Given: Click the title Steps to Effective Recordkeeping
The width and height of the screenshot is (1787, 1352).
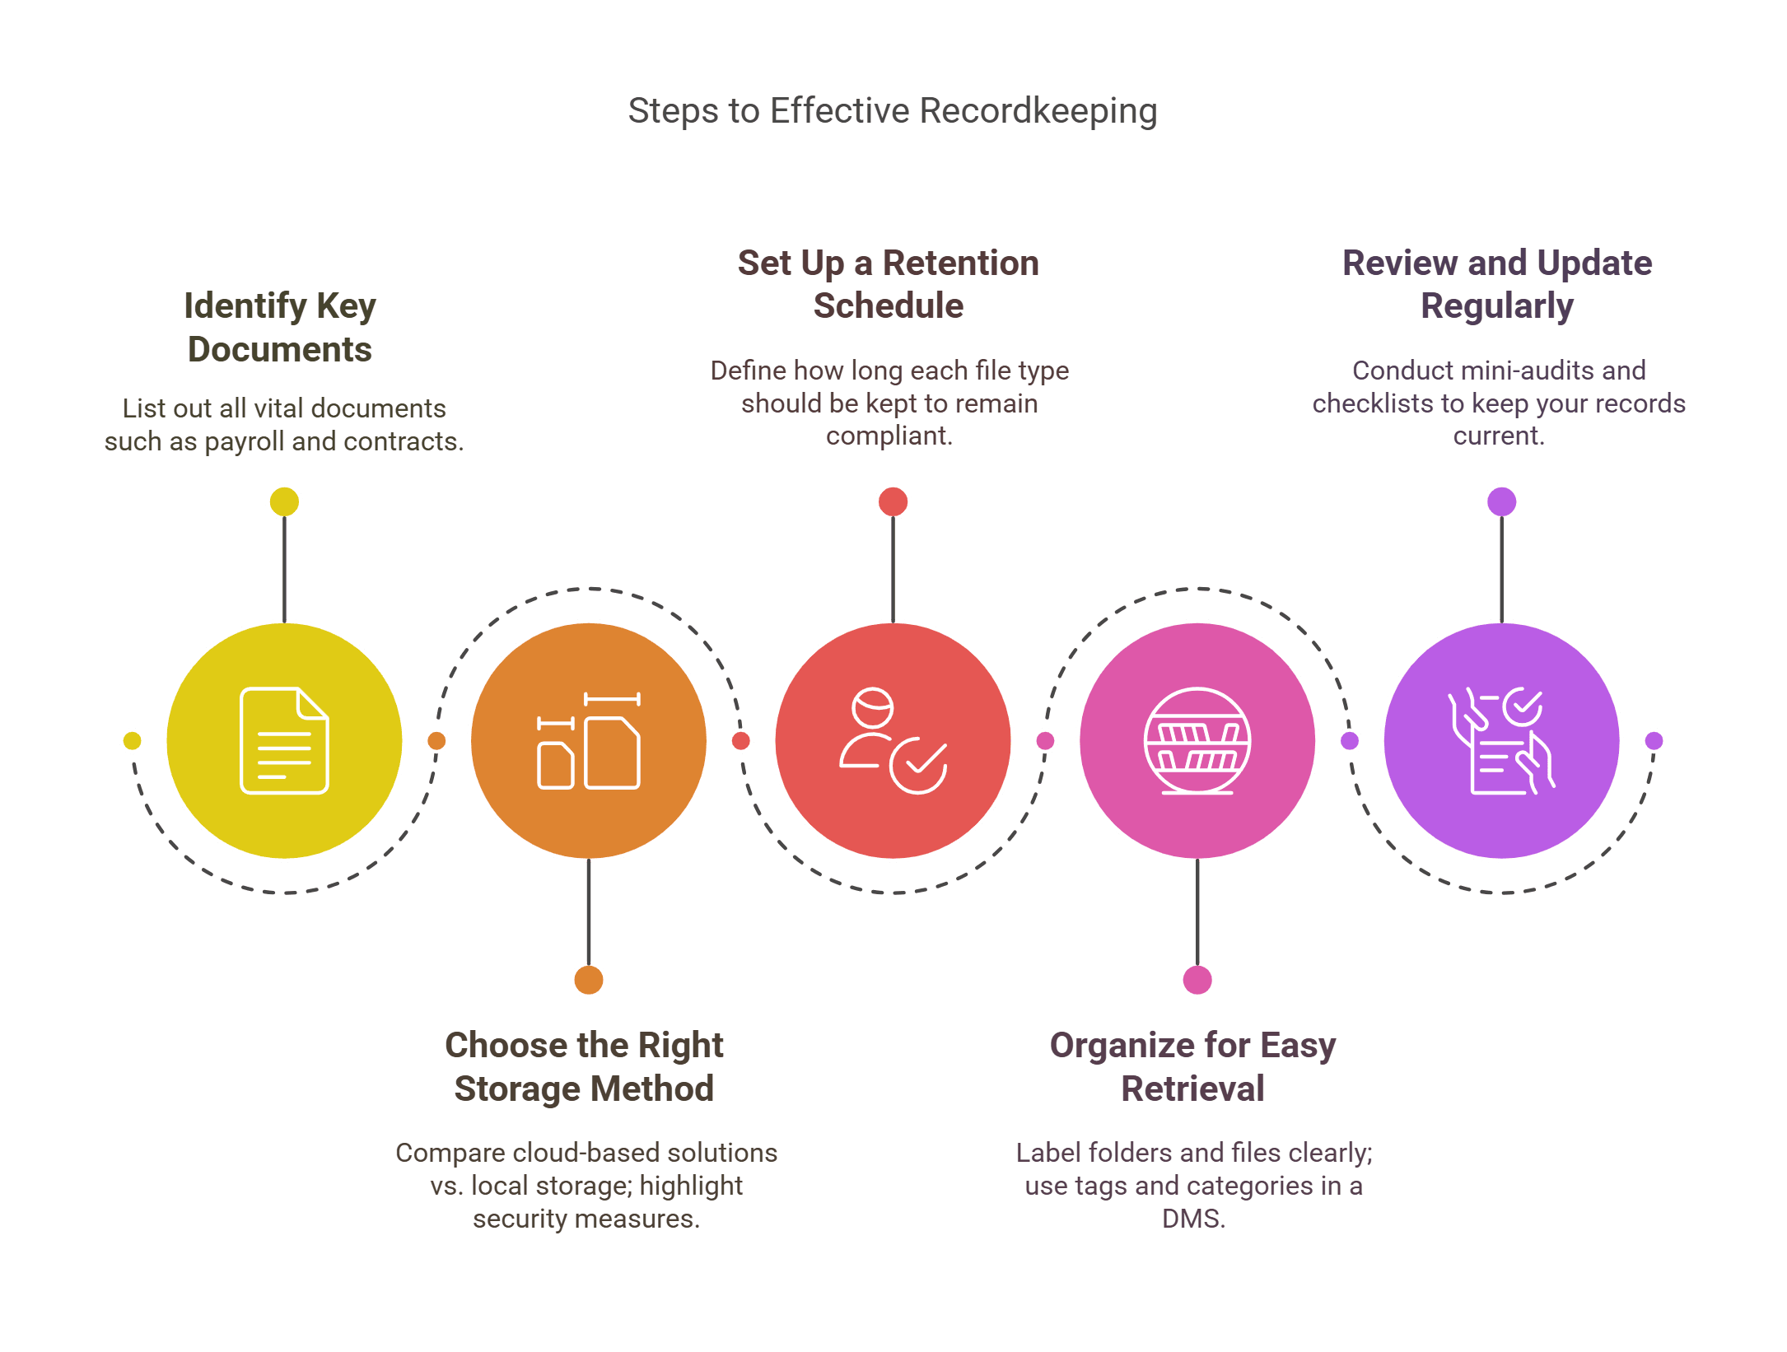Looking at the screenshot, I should pos(893,111).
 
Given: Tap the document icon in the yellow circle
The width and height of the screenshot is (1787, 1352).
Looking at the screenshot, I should pos(284,740).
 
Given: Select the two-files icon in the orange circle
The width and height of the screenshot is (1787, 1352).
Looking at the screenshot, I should pos(589,740).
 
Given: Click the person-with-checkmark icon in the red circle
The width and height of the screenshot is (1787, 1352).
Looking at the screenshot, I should pos(893,740).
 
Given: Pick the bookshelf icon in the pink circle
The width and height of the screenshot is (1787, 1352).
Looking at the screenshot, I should pos(1197,740).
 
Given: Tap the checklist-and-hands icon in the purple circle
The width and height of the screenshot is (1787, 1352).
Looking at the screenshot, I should pos(1501,740).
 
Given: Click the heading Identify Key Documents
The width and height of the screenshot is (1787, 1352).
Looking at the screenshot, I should pos(280,328).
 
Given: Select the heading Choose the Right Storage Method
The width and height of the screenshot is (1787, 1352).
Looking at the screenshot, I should pos(584,1067).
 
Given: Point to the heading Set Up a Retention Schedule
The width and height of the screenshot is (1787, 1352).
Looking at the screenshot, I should pos(889,284).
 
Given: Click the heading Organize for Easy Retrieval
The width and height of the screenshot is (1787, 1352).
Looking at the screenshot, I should pos(1192,1067).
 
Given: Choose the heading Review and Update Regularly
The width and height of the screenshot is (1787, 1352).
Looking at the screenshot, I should pos(1497,284).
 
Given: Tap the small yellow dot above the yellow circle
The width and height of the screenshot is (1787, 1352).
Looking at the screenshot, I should pos(284,501).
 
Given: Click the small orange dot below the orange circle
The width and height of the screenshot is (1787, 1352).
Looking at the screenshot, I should pos(589,980).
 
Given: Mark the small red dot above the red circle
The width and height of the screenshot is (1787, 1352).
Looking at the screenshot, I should pos(893,501).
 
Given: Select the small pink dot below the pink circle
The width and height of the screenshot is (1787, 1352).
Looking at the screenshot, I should pos(1197,980).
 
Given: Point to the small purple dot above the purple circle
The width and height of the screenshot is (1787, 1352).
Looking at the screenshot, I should pos(1501,501).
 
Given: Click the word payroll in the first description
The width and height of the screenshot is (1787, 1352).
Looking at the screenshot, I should pos(245,442).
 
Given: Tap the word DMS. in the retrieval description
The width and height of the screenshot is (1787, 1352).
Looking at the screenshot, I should pos(1193,1219).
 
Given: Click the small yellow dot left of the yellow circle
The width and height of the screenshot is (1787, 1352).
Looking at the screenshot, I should pos(132,740).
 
